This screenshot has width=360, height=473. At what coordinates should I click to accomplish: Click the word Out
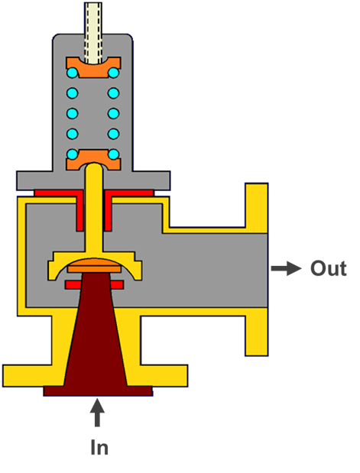pos(329,268)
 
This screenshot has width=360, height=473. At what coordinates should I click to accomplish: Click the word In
pos(99,447)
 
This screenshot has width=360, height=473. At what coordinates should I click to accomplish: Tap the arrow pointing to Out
pos(287,268)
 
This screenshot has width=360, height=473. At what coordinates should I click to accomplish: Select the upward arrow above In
pos(97,413)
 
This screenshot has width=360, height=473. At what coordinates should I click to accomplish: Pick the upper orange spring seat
pos(93,68)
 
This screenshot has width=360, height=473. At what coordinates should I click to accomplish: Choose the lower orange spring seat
pos(93,159)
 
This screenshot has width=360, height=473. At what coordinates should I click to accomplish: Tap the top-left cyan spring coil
pos(73,73)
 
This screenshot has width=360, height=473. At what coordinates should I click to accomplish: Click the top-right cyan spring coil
pos(113,73)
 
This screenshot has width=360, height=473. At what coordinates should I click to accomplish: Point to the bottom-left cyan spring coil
pos(73,154)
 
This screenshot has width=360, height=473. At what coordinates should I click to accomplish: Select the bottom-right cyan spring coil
pos(113,154)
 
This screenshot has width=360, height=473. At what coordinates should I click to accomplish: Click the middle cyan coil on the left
pos(73,114)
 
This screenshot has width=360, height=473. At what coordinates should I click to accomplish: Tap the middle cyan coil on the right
pos(113,114)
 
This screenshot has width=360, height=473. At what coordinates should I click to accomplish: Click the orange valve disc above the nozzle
pos(95,266)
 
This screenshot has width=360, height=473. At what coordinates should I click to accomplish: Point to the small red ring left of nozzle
pos(73,285)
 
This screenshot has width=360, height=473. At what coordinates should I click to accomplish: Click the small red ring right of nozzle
pos(117,285)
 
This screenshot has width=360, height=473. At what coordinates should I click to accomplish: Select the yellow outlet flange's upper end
pos(257,208)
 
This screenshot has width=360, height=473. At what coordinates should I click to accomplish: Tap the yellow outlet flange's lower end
pos(257,335)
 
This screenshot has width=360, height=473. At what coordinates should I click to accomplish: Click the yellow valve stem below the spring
pos(94,208)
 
